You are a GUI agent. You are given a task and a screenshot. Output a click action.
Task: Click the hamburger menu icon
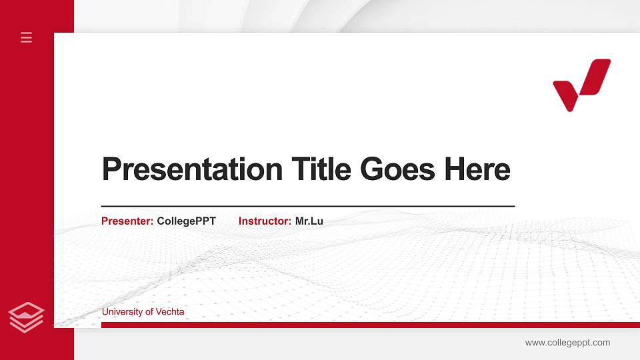pyautogui.click(x=27, y=37)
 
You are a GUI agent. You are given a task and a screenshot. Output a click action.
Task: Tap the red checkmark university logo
pyautogui.click(x=581, y=84)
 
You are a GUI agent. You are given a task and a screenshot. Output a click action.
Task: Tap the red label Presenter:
pyautogui.click(x=127, y=221)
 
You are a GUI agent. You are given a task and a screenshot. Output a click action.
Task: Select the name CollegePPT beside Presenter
pyautogui.click(x=186, y=221)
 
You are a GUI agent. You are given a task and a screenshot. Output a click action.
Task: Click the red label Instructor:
pyautogui.click(x=265, y=221)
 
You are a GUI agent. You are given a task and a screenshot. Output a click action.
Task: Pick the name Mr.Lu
pyautogui.click(x=309, y=221)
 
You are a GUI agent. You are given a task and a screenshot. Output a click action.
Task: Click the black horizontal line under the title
pyautogui.click(x=307, y=206)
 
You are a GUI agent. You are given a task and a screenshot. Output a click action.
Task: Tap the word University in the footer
pyautogui.click(x=121, y=311)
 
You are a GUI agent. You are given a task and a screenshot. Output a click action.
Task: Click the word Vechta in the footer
pyautogui.click(x=170, y=311)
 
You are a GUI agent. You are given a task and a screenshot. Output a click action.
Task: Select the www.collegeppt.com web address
pyautogui.click(x=567, y=343)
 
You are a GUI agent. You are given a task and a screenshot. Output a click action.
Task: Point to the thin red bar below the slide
pyautogui.click(x=367, y=325)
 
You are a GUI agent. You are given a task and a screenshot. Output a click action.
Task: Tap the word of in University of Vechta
pyautogui.click(x=149, y=311)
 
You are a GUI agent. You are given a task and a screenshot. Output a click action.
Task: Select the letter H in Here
pyautogui.click(x=455, y=169)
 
